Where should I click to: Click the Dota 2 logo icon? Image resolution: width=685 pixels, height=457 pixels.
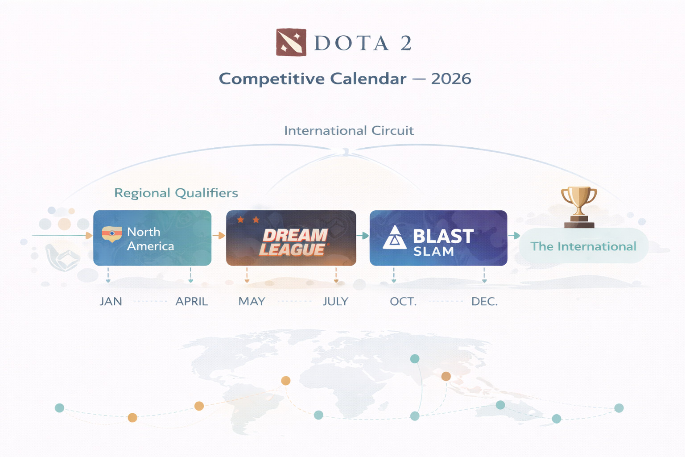[291, 42]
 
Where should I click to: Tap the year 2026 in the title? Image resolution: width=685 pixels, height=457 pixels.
[451, 79]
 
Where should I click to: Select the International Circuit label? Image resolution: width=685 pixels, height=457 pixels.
[349, 131]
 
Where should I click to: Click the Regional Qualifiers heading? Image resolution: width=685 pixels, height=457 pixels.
[176, 193]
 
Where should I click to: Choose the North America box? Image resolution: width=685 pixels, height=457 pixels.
[152, 238]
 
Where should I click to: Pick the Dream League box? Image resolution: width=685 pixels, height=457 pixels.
[291, 238]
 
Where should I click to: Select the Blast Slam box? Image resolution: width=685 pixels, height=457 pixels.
[438, 238]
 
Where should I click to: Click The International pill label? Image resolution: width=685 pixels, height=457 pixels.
[583, 246]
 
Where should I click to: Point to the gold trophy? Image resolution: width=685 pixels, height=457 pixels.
[579, 207]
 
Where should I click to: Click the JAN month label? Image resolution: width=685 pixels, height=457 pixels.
[111, 302]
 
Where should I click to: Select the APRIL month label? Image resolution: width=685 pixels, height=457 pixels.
[192, 302]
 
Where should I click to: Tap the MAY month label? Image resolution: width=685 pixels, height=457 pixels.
[252, 302]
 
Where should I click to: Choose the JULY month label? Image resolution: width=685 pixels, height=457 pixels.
[335, 302]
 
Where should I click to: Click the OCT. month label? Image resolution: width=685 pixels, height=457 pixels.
[403, 302]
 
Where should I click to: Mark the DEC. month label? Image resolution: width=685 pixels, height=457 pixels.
[485, 302]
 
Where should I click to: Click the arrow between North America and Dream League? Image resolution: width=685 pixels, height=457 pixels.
[219, 235]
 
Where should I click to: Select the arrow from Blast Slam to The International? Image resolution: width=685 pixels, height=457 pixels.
[514, 235]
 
